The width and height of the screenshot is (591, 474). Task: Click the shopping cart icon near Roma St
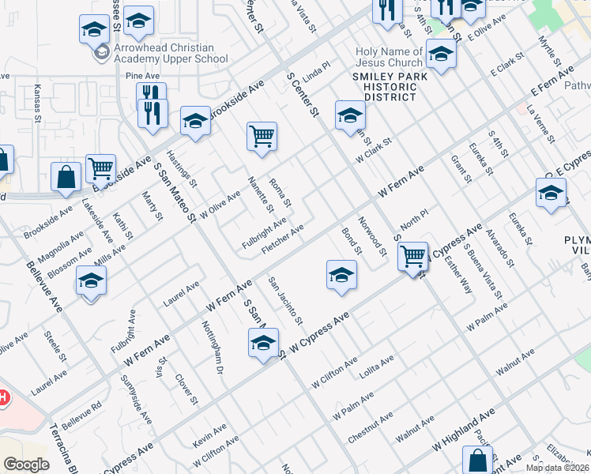262,137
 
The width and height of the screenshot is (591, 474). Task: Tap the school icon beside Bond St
341,276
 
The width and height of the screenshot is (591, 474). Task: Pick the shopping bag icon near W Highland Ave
477,459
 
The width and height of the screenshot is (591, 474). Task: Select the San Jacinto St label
285,301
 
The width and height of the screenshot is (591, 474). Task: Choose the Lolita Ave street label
376,366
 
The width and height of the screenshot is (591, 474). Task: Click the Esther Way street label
458,274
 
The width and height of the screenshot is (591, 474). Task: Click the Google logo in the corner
26,465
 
